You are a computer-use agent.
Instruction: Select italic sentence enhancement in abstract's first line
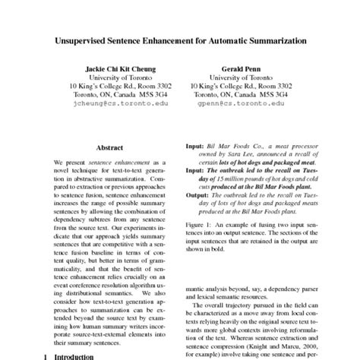pos(114,163)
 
